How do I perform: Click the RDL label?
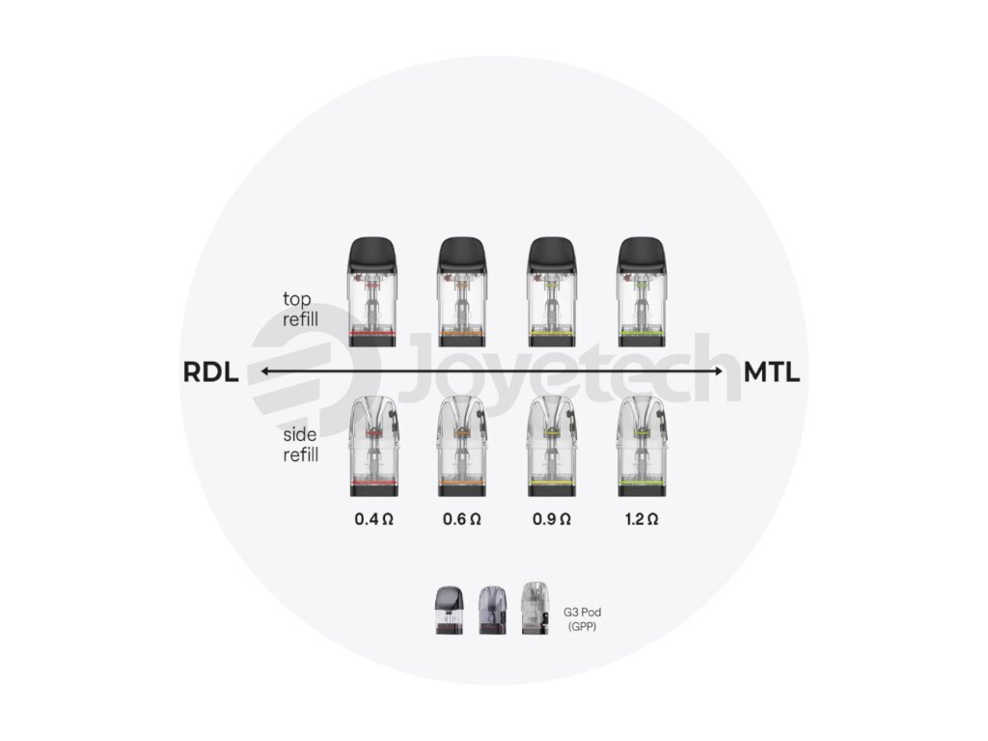209,372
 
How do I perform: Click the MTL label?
771,372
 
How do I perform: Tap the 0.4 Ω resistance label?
373,519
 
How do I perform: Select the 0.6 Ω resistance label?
462,519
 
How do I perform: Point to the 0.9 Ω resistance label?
552,519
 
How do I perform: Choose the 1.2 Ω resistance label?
642,519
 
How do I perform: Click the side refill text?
300,445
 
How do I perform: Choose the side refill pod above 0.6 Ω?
462,446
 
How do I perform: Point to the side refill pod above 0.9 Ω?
552,446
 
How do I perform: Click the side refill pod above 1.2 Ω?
642,446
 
